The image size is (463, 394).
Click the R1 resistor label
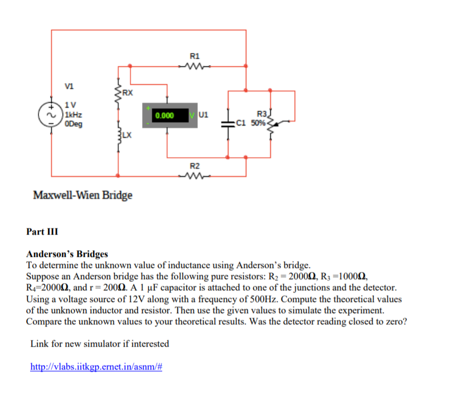point(194,56)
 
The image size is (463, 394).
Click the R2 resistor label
point(194,166)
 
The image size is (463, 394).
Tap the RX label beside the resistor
point(127,93)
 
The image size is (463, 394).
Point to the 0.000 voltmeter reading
point(165,116)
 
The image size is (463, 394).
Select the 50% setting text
point(258,123)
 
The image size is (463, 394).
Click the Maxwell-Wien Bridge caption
point(82,195)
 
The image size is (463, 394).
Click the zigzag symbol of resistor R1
point(194,67)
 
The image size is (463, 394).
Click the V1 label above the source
point(69,86)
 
